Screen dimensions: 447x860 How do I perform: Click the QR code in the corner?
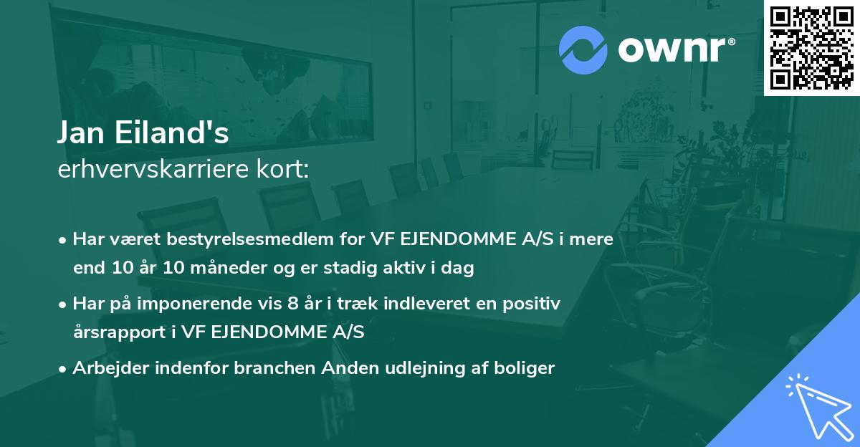[x=811, y=48]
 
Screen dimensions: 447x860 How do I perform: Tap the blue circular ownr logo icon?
[x=583, y=49]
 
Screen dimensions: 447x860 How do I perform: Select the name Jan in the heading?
[x=81, y=134]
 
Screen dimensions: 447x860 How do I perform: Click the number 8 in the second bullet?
[x=292, y=304]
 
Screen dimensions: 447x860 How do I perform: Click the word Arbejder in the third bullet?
[x=104, y=368]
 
